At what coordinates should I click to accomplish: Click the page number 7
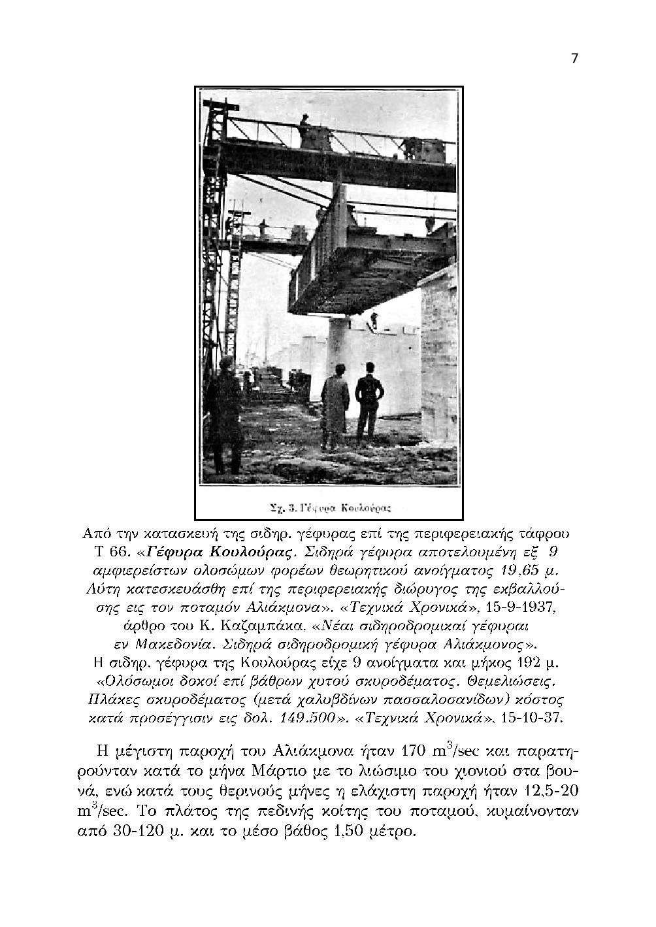[574, 58]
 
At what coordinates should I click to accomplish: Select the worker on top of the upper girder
[304, 130]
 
